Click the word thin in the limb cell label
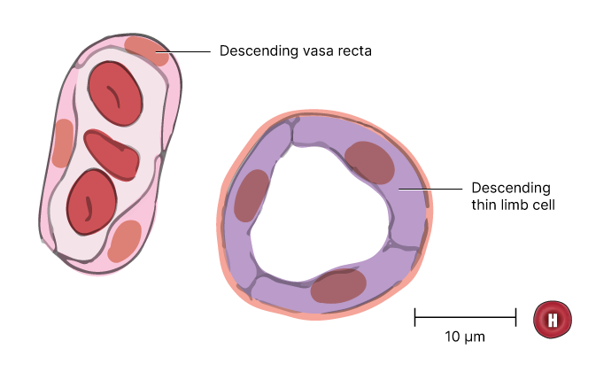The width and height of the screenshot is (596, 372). [x=485, y=205]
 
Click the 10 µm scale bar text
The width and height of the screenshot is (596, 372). [x=465, y=337]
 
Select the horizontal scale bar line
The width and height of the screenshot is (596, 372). [x=465, y=316]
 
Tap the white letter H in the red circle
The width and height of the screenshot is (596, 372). [x=553, y=320]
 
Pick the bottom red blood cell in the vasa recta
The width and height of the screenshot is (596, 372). [x=91, y=202]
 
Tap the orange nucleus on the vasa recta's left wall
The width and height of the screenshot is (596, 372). [x=63, y=143]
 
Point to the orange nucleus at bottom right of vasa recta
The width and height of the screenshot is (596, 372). [x=125, y=240]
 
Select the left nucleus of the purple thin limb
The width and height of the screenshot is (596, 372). [x=252, y=195]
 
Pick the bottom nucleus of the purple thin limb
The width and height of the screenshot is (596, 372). [x=338, y=286]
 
